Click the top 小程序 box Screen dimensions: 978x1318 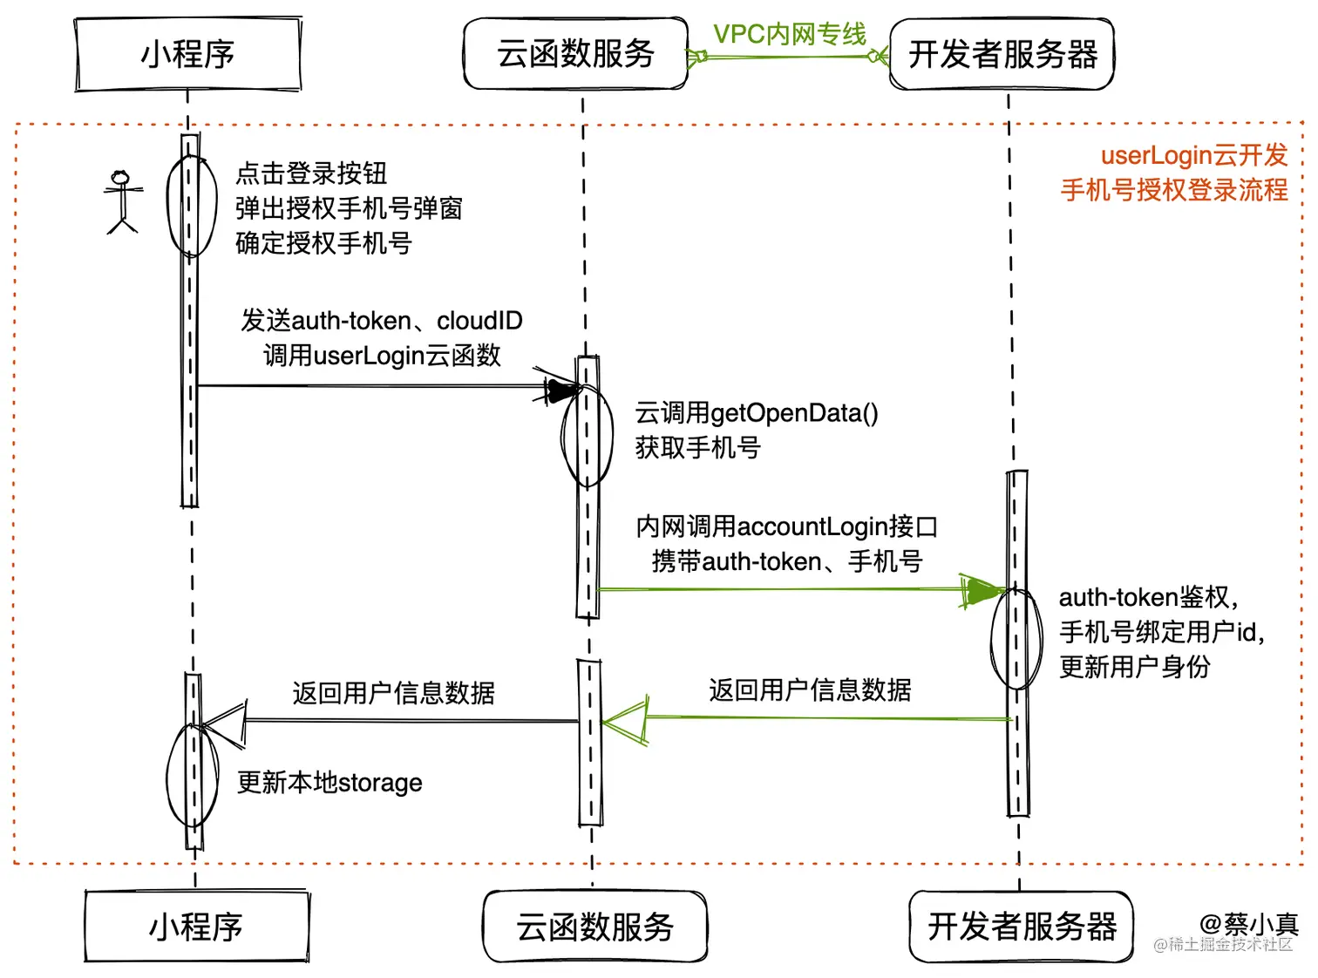pos(187,54)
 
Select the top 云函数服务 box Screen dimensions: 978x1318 pos(575,54)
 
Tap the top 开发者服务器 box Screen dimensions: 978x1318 pos(1002,54)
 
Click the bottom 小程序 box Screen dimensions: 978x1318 pos(196,927)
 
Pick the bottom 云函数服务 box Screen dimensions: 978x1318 pos(594,927)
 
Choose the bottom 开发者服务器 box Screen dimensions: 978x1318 pos(1022,927)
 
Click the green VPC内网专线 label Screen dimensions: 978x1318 pos(789,34)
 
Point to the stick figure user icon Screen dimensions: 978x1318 pos(122,202)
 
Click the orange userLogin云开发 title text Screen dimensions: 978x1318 pos(1193,155)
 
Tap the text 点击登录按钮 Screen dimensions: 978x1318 pos(311,173)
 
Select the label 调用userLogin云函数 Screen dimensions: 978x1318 pos(382,356)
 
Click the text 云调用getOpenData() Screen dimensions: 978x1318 pos(756,413)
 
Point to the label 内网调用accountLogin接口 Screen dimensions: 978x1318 pos(786,526)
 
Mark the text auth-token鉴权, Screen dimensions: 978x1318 pos(1148,598)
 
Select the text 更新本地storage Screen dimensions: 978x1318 pos(329,783)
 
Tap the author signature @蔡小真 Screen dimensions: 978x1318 pos(1248,923)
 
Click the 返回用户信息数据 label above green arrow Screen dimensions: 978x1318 pos(810,690)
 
